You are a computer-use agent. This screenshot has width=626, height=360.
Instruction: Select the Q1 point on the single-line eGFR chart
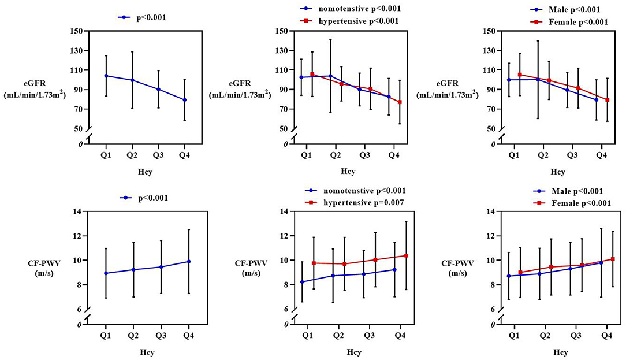pyautogui.click(x=106, y=76)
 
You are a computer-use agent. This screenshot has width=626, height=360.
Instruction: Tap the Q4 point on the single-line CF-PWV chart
pyautogui.click(x=188, y=261)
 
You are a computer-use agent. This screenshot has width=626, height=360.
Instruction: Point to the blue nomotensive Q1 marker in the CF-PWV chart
pyautogui.click(x=302, y=281)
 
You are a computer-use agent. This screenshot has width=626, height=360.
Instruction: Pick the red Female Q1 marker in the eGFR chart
pyautogui.click(x=520, y=75)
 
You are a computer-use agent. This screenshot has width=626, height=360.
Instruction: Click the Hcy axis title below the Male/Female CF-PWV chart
pyautogui.click(x=561, y=352)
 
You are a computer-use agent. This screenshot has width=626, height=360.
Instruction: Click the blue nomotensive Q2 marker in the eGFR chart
pyautogui.click(x=330, y=76)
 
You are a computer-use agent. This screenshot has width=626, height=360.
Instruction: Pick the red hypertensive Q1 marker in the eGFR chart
pyautogui.click(x=312, y=75)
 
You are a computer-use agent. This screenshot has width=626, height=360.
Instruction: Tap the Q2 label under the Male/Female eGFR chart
pyautogui.click(x=543, y=155)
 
